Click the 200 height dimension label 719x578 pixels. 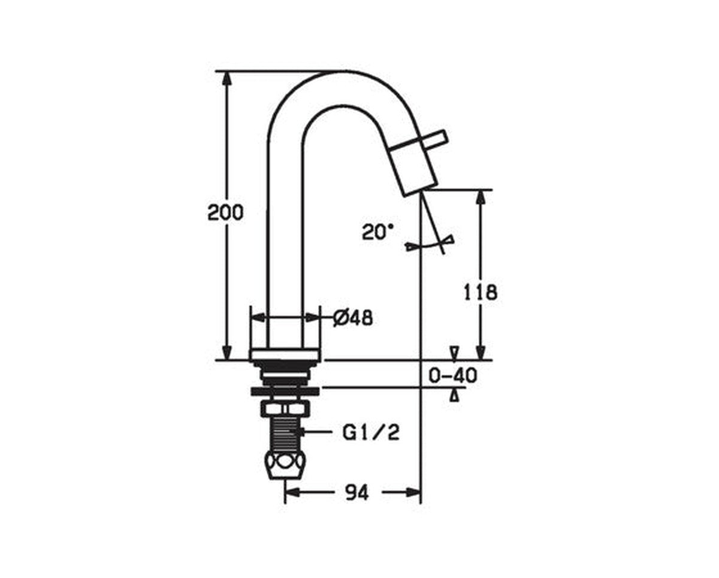pos(225,213)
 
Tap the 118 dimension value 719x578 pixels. pos(481,293)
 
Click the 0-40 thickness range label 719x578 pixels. pos(454,375)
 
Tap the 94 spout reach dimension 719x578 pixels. pos(357,502)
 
